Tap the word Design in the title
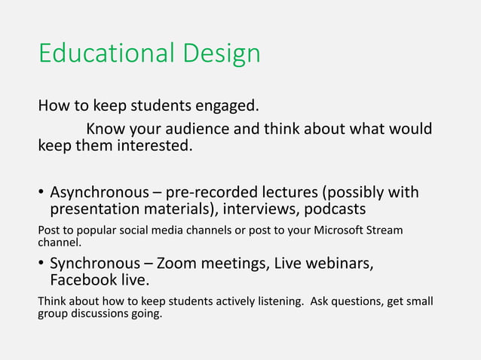point(224,54)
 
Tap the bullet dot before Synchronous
point(41,264)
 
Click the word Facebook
point(83,281)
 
